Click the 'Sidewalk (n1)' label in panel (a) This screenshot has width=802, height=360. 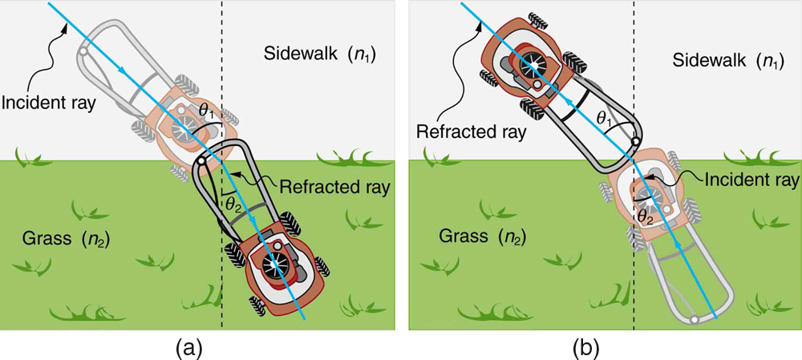[322, 55]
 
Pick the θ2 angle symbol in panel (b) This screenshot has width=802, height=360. [644, 216]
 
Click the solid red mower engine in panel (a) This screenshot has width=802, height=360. [277, 263]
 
